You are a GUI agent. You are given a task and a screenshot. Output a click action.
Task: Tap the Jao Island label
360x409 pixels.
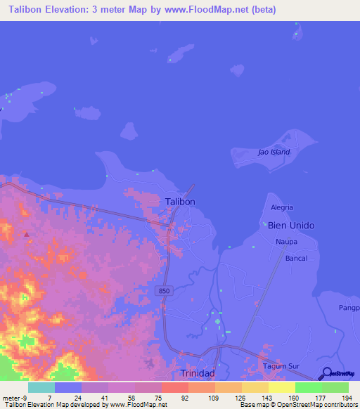274,152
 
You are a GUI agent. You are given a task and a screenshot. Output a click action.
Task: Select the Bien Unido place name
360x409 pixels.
290,225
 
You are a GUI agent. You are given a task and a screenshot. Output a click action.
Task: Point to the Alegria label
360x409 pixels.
281,207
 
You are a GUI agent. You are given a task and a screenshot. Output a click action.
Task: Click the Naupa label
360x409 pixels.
285,241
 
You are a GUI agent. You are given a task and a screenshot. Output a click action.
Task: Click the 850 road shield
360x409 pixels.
164,290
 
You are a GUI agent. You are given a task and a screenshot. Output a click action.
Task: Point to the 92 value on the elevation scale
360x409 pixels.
185,398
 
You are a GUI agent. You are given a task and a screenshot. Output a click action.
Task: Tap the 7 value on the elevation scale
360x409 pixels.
49,398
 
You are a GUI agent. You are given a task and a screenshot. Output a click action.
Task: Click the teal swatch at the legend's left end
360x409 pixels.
41,387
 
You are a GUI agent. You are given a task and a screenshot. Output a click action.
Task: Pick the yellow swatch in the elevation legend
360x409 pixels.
281,387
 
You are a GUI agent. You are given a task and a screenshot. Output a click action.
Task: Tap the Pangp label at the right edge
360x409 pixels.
349,308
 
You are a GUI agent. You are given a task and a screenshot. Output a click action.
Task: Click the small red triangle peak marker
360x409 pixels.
27,233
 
